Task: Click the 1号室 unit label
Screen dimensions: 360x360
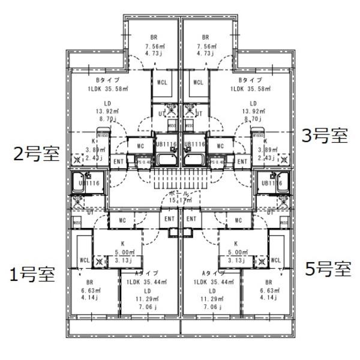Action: point(32,275)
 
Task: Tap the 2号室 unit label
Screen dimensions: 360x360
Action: point(37,154)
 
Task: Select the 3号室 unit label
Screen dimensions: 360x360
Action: point(325,136)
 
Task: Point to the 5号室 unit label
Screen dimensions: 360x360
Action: point(328,268)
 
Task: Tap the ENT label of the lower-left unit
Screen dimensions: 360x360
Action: point(169,220)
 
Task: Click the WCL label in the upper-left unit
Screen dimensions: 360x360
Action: point(163,82)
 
